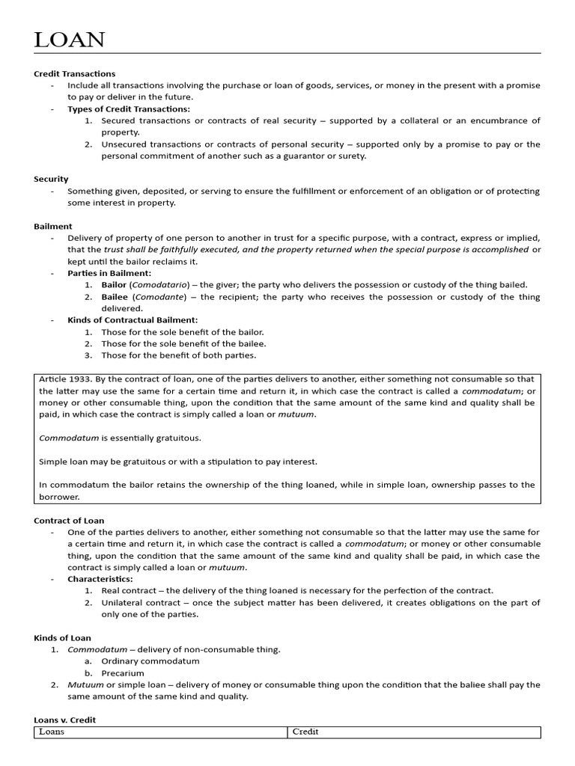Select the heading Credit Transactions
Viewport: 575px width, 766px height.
pos(74,74)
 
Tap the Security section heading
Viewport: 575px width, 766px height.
pos(51,179)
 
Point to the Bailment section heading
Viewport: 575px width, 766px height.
pos(53,226)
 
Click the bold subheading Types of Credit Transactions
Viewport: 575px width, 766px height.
pos(129,109)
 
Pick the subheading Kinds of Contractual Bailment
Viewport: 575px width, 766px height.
pos(133,320)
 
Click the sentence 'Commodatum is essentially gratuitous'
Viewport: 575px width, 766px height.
pos(120,438)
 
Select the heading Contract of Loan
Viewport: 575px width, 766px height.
pos(69,520)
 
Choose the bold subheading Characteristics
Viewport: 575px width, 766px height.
pos(100,579)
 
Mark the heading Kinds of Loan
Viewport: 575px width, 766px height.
pos(62,637)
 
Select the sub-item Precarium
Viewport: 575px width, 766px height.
pos(123,673)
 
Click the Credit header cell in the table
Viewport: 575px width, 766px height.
pos(305,732)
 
